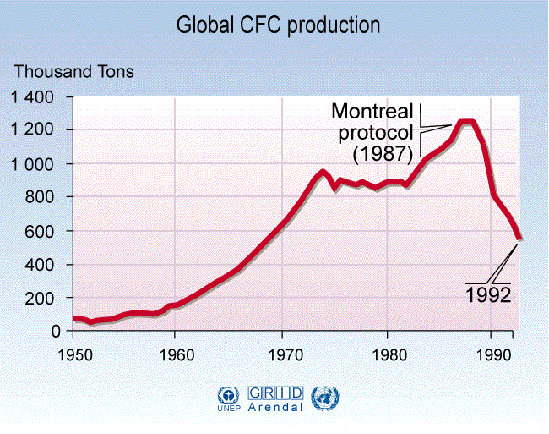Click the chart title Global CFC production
[278, 25]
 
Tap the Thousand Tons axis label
[73, 72]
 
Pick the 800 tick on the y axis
[42, 197]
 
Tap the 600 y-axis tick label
[42, 231]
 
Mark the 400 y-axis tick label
[42, 265]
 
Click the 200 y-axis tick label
[42, 299]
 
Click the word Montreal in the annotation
[372, 112]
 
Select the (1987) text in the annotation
[383, 154]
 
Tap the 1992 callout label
[488, 295]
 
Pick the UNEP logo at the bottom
[229, 398]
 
